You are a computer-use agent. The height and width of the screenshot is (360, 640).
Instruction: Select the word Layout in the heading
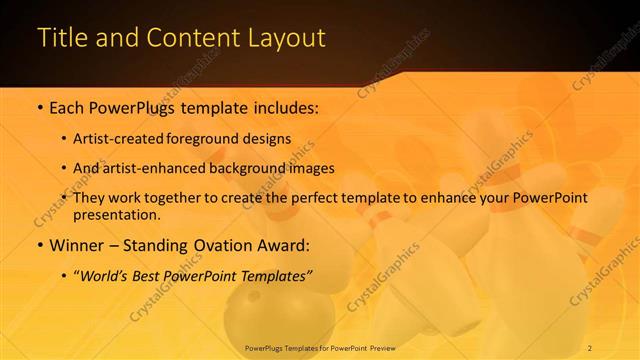point(285,38)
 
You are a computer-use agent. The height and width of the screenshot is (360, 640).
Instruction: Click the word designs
point(267,139)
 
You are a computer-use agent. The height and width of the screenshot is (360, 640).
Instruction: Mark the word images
point(312,168)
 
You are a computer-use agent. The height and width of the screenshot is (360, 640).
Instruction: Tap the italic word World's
point(108,275)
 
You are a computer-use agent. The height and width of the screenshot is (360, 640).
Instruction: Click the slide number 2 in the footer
point(590,347)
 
